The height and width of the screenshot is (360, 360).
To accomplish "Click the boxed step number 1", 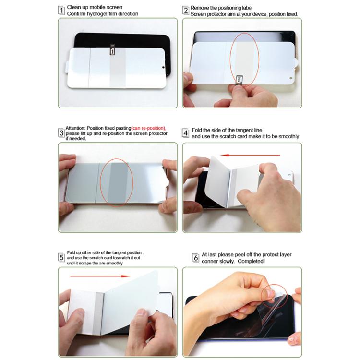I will click(x=61, y=11).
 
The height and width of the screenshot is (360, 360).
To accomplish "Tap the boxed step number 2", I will click(x=186, y=11).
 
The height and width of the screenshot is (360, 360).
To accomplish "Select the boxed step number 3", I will click(x=61, y=133).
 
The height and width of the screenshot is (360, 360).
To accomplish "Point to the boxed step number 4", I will click(x=186, y=133).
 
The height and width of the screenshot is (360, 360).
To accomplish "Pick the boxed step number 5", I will click(x=61, y=257).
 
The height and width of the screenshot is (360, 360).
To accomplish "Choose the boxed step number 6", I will click(x=196, y=258).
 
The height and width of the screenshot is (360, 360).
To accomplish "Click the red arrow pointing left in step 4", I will click(x=249, y=155).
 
